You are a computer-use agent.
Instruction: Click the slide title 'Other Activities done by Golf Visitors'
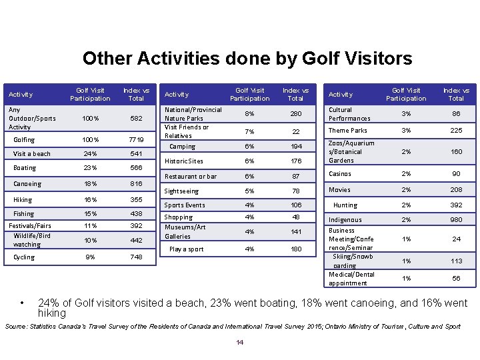247,59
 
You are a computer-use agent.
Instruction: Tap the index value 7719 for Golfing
136,139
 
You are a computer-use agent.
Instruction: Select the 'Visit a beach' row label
32,154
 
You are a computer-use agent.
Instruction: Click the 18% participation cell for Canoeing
90,184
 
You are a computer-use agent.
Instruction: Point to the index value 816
136,184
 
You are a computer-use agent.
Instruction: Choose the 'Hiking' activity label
23,199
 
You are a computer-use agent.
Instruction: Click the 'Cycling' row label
24,257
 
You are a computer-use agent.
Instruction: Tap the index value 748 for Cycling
136,257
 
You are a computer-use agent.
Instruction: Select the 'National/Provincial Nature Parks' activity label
193,114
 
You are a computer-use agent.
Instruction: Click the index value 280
296,114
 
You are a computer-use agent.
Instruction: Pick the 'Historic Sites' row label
184,161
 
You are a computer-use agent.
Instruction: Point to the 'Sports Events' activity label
185,205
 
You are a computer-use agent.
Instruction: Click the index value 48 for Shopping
296,217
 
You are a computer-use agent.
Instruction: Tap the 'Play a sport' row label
187,249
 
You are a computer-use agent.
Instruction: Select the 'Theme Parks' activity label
348,131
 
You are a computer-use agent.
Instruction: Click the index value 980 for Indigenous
456,220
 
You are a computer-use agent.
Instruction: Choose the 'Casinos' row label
340,174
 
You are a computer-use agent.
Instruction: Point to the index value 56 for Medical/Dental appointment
456,279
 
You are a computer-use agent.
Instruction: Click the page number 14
240,343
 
